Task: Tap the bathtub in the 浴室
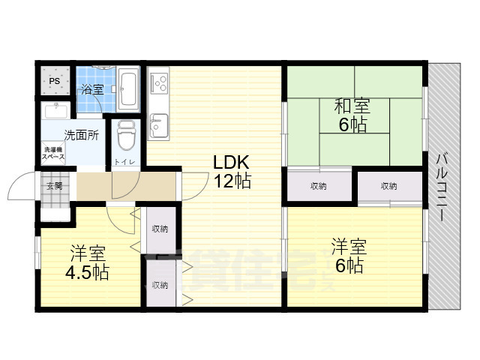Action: pyautogui.click(x=128, y=88)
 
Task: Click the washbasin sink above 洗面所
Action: pyautogui.click(x=57, y=112)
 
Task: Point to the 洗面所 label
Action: pyautogui.click(x=81, y=136)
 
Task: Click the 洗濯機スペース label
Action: pyautogui.click(x=52, y=155)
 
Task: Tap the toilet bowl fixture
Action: pyautogui.click(x=125, y=136)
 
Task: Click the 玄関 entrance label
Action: pyautogui.click(x=54, y=186)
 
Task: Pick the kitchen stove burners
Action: pyautogui.click(x=159, y=82)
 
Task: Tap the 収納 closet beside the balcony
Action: pyautogui.click(x=388, y=186)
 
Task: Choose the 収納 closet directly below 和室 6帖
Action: pyautogui.click(x=318, y=186)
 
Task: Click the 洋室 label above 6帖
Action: pyautogui.click(x=349, y=246)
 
